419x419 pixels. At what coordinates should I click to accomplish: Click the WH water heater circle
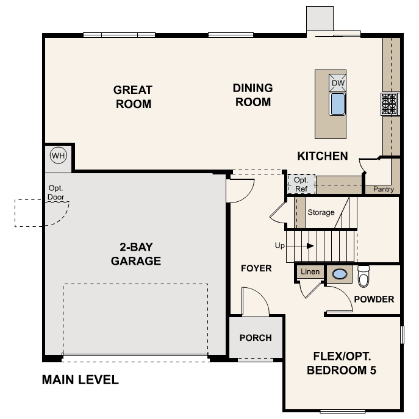(58, 156)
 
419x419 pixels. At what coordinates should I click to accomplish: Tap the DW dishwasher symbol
(338, 83)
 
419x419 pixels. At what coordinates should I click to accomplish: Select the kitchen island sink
(338, 104)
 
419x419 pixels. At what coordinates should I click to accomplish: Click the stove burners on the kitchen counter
(390, 104)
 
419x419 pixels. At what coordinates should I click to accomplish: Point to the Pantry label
(384, 190)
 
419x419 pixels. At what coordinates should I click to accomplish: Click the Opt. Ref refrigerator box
(301, 184)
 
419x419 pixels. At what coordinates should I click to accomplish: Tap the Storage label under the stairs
(321, 212)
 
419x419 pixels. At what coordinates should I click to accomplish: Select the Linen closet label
(310, 271)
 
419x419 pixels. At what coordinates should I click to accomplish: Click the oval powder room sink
(339, 274)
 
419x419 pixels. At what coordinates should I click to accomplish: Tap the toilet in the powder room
(364, 276)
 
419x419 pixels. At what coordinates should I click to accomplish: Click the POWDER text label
(374, 299)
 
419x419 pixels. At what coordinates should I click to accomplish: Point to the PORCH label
(256, 338)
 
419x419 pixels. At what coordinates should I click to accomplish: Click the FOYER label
(256, 268)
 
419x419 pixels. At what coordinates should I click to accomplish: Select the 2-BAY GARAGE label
(136, 254)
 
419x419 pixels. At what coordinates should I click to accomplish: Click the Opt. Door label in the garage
(56, 193)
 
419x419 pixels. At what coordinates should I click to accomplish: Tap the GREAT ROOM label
(132, 96)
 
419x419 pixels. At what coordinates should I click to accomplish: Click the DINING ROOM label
(252, 95)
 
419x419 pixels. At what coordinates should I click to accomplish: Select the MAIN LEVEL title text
(80, 380)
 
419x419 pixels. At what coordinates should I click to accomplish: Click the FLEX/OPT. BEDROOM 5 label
(342, 363)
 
